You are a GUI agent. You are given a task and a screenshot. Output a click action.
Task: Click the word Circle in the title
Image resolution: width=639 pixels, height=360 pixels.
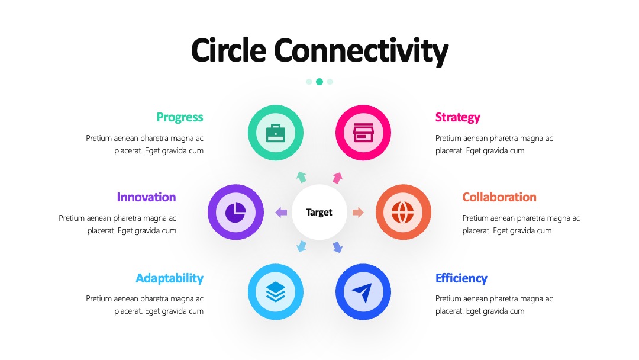pyautogui.click(x=228, y=50)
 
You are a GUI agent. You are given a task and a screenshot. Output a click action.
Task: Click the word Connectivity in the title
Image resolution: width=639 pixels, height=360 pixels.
pyautogui.click(x=361, y=52)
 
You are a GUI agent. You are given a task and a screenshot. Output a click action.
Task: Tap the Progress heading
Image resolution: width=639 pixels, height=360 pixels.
pyautogui.click(x=180, y=117)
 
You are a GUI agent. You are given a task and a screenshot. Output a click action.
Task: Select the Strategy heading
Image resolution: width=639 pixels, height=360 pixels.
pyautogui.click(x=457, y=117)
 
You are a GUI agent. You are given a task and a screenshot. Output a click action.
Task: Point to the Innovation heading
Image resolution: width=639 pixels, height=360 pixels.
pyautogui.click(x=146, y=197)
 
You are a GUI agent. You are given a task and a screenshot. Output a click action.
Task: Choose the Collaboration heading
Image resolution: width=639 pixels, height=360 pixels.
pyautogui.click(x=499, y=197)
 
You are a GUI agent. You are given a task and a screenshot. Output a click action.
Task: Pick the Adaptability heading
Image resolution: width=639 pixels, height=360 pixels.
pyautogui.click(x=170, y=278)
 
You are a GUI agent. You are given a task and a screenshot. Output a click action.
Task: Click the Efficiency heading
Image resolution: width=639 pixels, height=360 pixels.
pyautogui.click(x=461, y=278)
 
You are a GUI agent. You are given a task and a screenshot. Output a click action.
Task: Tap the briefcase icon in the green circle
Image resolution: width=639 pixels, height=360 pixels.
pyautogui.click(x=276, y=133)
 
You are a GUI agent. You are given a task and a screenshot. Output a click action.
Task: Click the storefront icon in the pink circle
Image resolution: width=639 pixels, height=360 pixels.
pyautogui.click(x=363, y=133)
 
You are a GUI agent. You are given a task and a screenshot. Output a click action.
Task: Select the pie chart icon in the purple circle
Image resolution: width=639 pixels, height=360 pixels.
pyautogui.click(x=235, y=212)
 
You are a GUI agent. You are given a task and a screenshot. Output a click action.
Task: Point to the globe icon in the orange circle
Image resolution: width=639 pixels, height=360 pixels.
pyautogui.click(x=403, y=212)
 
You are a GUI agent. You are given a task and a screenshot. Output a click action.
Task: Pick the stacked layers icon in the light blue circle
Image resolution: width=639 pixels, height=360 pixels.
pyautogui.click(x=276, y=292)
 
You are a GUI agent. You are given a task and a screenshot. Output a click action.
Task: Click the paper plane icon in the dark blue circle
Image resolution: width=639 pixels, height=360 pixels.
pyautogui.click(x=362, y=292)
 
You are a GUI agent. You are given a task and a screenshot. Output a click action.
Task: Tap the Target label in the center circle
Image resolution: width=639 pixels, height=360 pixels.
pyautogui.click(x=319, y=213)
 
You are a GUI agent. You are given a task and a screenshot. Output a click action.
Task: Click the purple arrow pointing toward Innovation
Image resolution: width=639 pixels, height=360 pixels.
pyautogui.click(x=281, y=212)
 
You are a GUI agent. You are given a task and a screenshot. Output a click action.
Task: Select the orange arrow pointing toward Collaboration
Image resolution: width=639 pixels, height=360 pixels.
pyautogui.click(x=358, y=212)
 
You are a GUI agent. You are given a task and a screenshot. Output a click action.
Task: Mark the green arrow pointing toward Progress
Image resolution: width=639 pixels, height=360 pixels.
pyautogui.click(x=301, y=177)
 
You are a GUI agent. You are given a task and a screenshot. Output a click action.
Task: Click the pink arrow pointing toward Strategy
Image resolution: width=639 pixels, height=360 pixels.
pyautogui.click(x=337, y=178)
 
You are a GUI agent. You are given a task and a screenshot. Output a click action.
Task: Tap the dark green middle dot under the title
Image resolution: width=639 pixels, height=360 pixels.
pyautogui.click(x=319, y=82)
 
